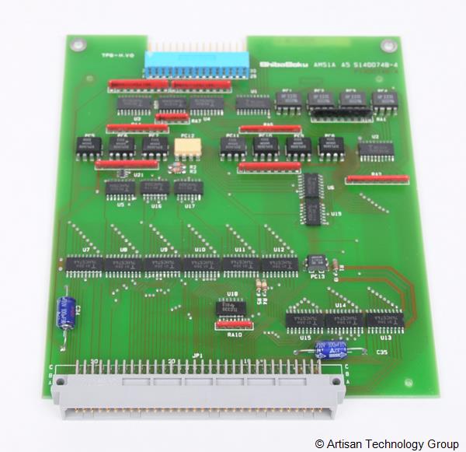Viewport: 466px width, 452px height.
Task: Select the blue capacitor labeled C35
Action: tap(326, 349)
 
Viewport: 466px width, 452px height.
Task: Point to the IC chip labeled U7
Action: tap(84, 263)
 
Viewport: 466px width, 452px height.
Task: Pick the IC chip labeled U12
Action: tap(279, 265)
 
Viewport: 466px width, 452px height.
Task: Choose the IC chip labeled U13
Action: tap(384, 319)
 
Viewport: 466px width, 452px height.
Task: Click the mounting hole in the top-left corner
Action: tap(75, 45)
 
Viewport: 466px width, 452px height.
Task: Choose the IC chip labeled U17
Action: tap(188, 188)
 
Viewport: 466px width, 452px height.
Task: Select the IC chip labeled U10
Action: tap(200, 264)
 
